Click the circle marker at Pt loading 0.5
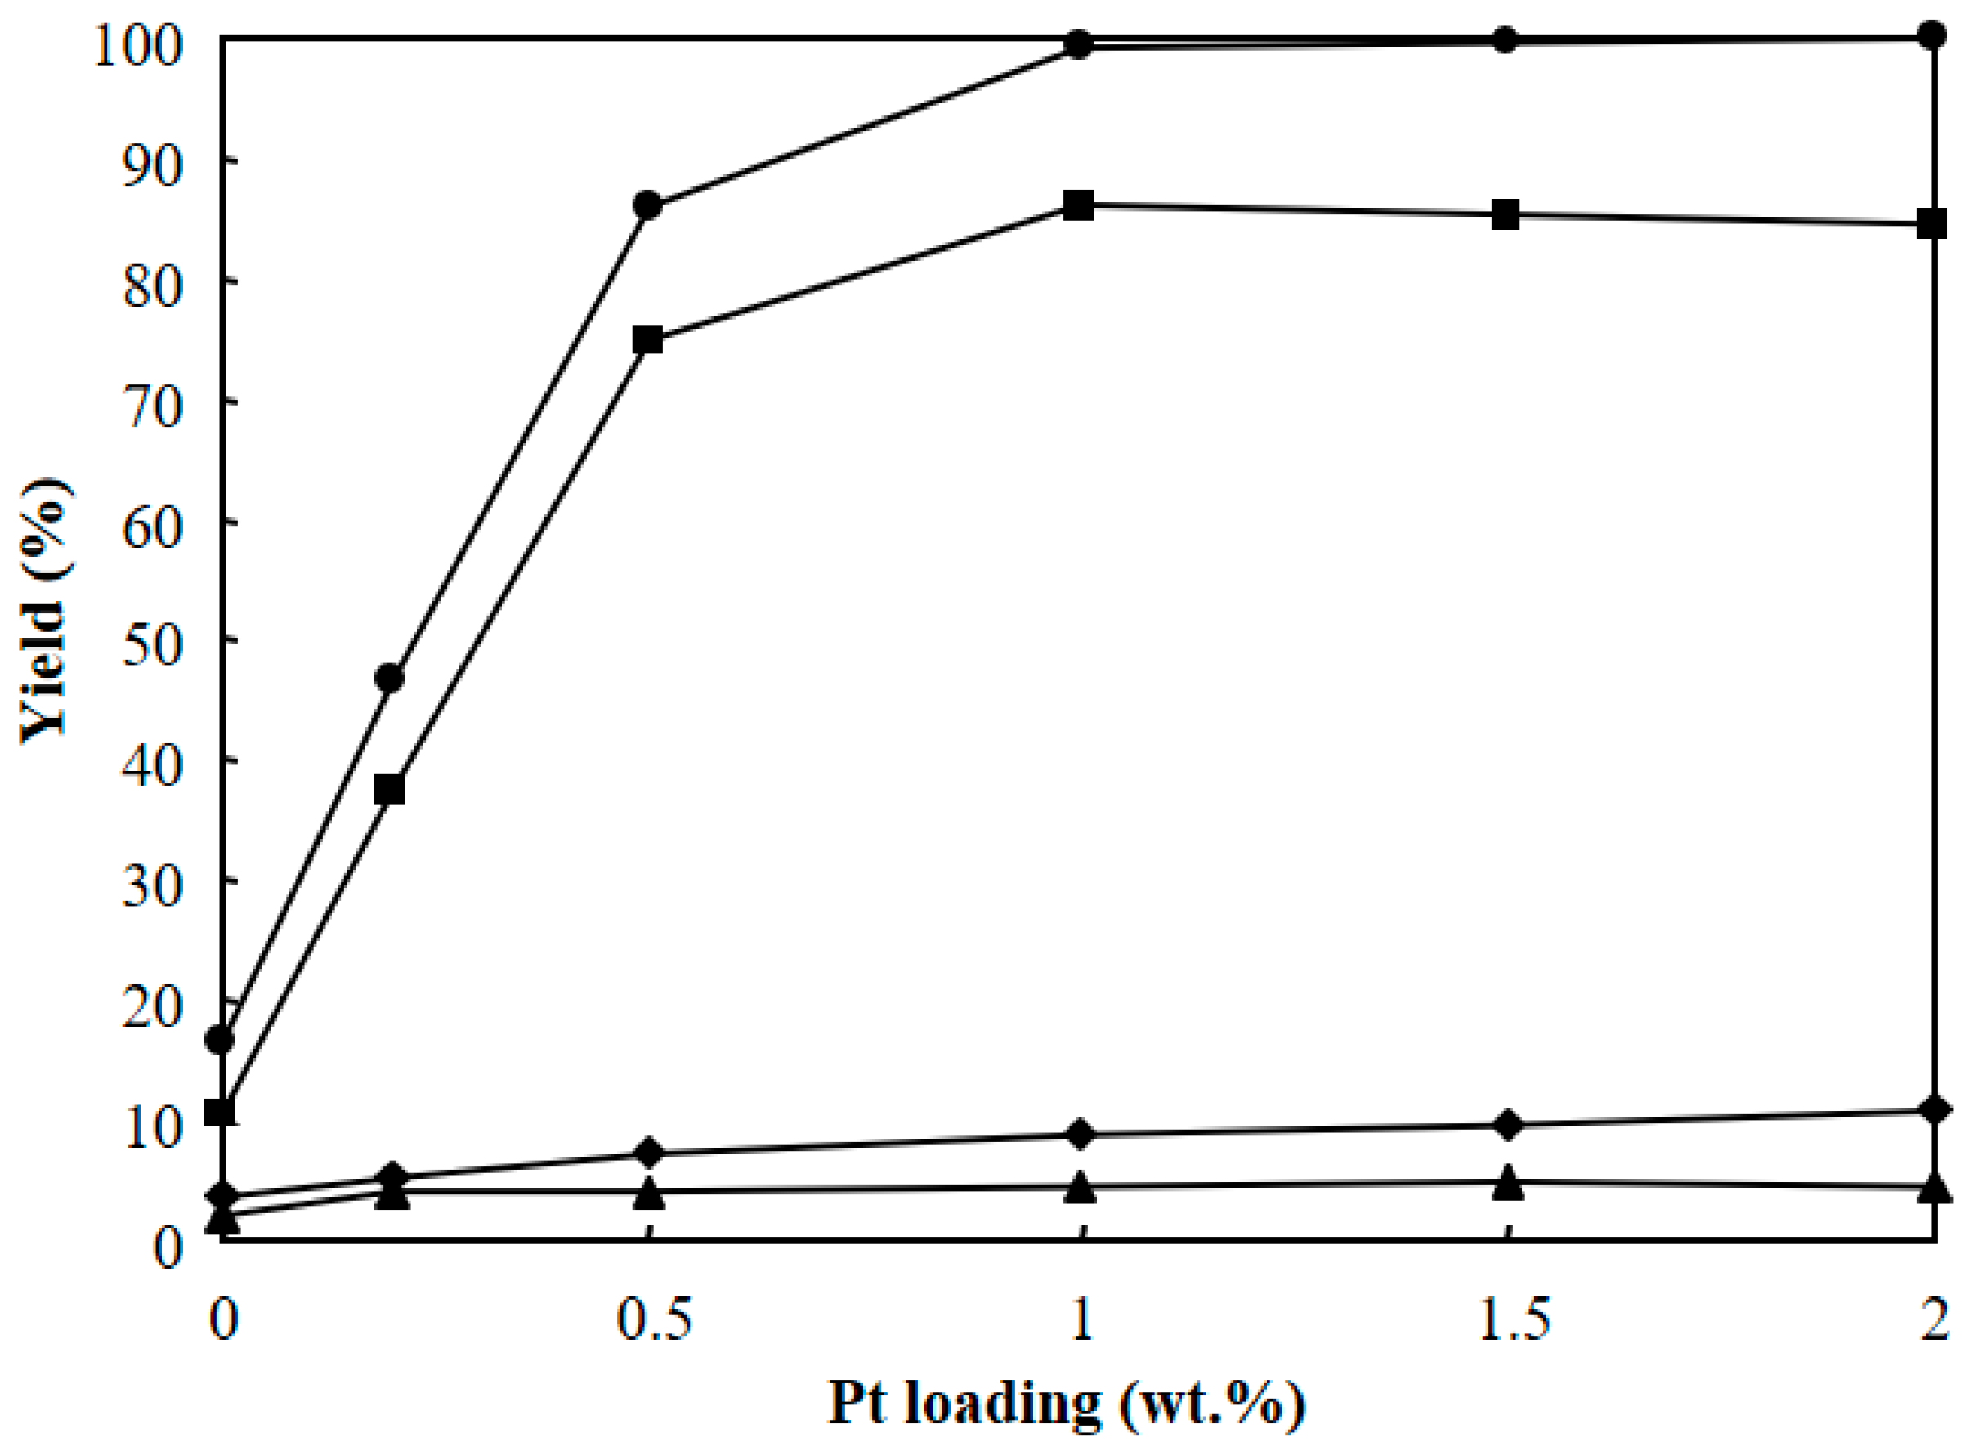(648, 205)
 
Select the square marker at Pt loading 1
(1079, 205)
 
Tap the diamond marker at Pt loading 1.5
(1507, 1125)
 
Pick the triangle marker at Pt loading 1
(1081, 1187)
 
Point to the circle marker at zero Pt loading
(219, 1041)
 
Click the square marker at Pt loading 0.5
(648, 340)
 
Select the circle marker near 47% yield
(390, 678)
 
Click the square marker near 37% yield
(390, 789)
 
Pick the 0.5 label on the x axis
(654, 1319)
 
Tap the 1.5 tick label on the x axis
(1513, 1319)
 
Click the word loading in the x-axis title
(1002, 1404)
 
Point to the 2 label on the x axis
(1934, 1319)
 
